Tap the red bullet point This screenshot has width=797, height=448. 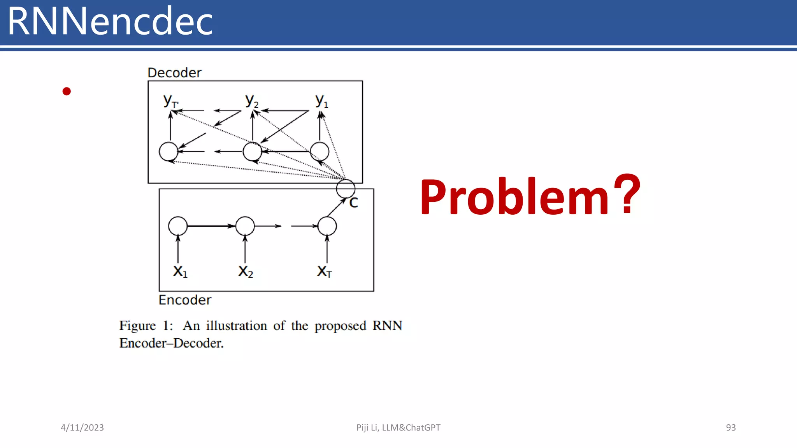(67, 91)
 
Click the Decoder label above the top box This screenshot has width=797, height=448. (174, 73)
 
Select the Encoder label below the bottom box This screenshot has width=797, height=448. (185, 300)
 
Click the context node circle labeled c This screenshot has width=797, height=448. (346, 189)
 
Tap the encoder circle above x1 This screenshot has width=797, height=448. (178, 226)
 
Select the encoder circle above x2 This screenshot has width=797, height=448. (245, 226)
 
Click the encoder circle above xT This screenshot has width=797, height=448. (327, 226)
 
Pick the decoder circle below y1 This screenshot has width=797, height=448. (320, 152)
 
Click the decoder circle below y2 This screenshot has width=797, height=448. (252, 152)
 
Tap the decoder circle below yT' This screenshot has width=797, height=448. (169, 152)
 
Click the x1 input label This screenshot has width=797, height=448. (180, 271)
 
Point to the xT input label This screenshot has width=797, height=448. (324, 271)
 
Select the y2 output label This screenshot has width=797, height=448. (251, 101)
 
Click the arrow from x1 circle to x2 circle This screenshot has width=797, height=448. (211, 226)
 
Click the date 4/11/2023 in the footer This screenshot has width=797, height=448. (82, 427)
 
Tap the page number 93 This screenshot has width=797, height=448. (730, 427)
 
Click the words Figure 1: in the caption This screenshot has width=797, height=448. (146, 325)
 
